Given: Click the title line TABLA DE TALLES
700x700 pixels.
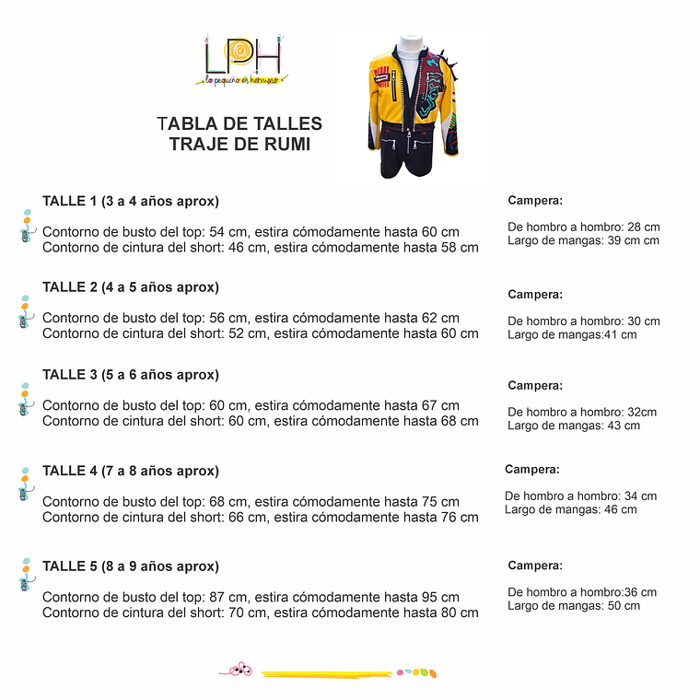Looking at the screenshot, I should [x=239, y=123].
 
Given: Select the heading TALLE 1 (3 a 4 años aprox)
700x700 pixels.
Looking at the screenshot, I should [x=131, y=201].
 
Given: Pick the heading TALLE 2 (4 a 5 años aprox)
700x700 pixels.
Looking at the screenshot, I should [x=131, y=286].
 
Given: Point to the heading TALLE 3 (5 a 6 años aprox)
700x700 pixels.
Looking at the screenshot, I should [x=131, y=374].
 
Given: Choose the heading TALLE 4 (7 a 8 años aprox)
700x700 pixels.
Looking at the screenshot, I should [x=131, y=470].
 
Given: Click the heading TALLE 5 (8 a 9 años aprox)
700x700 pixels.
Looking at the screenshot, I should [x=131, y=566].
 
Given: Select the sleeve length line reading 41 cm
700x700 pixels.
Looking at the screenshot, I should [x=572, y=334].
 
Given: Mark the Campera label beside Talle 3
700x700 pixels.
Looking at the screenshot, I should [x=534, y=385].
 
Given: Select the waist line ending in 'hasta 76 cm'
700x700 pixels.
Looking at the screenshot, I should [x=261, y=517].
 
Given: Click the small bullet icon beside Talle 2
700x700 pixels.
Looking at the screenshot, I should [x=25, y=311].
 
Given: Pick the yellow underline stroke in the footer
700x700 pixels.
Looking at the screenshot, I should [x=327, y=674].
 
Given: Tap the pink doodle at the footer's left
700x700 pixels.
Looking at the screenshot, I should [x=239, y=670].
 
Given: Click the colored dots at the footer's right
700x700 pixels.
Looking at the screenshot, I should [x=416, y=672].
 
